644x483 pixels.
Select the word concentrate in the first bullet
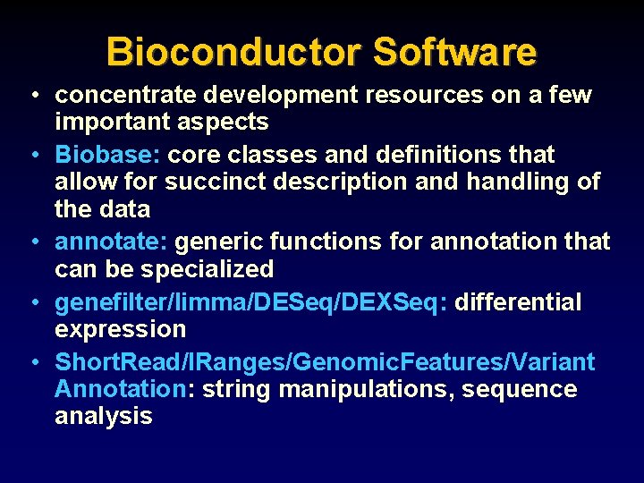click(x=125, y=95)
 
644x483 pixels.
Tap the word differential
click(x=518, y=302)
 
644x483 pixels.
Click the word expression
click(x=120, y=329)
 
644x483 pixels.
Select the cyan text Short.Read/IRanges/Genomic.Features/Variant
click(x=324, y=361)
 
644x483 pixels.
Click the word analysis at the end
click(x=103, y=416)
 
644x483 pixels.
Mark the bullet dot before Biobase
click(x=32, y=156)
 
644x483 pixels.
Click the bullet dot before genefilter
click(x=32, y=303)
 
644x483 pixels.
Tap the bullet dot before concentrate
click(x=32, y=96)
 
